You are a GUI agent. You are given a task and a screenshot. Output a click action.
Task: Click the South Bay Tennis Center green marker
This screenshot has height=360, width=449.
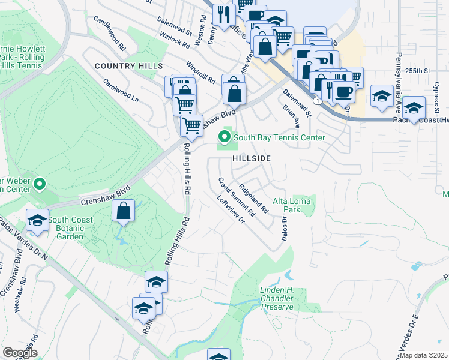225,137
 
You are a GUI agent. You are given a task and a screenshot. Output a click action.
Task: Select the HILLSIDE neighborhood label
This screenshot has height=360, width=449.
252,158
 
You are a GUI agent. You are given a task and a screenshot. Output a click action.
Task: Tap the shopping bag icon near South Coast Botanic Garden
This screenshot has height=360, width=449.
123,211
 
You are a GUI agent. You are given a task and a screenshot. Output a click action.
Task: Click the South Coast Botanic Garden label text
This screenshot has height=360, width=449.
71,228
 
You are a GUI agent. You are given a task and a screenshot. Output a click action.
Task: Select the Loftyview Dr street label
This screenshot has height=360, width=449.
231,211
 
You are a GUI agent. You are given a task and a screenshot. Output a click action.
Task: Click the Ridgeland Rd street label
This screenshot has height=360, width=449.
252,196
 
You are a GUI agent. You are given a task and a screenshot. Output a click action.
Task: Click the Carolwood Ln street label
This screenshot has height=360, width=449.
121,90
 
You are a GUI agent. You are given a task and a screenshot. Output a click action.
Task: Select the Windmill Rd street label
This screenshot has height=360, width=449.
200,73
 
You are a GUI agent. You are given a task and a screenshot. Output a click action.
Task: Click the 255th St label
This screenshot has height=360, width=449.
418,71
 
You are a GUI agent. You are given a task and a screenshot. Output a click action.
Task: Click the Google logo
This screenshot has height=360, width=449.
20,353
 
